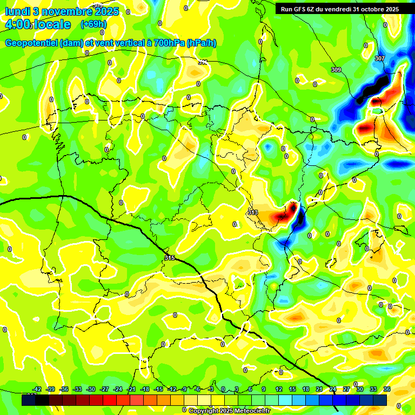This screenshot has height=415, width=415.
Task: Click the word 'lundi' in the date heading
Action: [x=17, y=11]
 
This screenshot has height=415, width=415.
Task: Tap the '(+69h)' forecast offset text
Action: [x=93, y=24]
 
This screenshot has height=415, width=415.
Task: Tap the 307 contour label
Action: [x=379, y=58]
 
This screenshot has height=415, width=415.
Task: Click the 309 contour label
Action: [x=336, y=70]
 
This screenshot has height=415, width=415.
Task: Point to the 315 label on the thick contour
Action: [x=170, y=258]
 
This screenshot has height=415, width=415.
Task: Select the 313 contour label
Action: [x=252, y=213]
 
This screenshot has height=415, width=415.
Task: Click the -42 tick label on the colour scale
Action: [x=37, y=389]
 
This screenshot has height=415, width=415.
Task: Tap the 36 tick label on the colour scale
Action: [x=387, y=389]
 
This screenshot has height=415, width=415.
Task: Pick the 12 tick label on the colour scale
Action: [x=279, y=389]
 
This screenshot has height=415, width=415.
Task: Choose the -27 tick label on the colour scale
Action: [x=105, y=389]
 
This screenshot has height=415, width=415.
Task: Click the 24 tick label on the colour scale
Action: [x=333, y=389]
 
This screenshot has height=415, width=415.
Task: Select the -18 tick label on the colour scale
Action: [x=145, y=389]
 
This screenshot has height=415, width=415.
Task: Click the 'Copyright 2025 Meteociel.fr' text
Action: [x=229, y=411]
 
